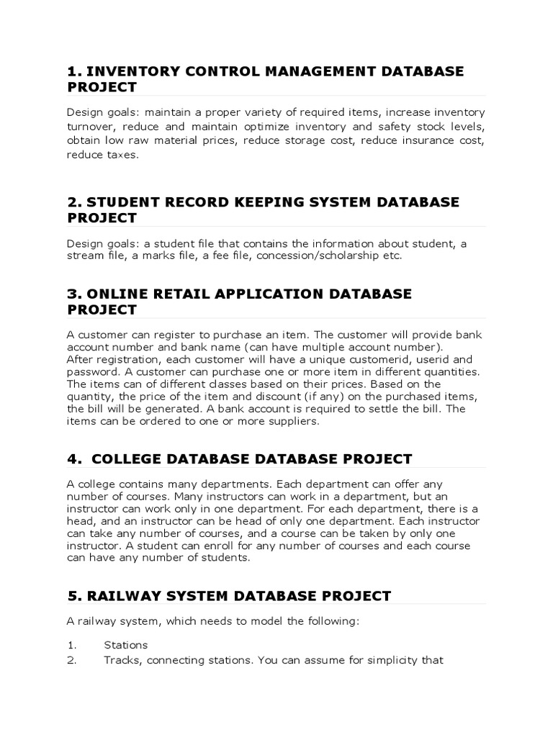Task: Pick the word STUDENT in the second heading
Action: [x=125, y=202]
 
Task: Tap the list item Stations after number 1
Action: [x=126, y=645]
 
